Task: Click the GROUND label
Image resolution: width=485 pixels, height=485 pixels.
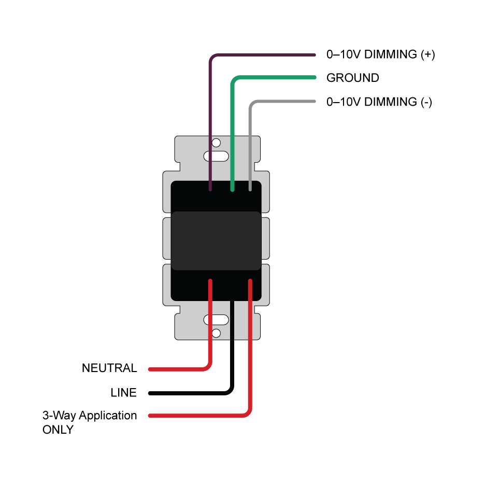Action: (352, 78)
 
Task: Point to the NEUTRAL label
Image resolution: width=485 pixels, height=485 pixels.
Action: (109, 368)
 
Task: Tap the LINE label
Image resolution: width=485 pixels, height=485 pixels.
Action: (123, 393)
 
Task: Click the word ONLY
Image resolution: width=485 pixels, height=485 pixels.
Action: (58, 430)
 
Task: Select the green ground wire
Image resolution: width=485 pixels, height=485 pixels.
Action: (233, 130)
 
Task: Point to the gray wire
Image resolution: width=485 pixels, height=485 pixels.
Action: (250, 140)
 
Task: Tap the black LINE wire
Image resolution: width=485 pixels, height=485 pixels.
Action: (232, 352)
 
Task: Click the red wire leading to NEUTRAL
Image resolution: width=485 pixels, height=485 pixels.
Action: (210, 332)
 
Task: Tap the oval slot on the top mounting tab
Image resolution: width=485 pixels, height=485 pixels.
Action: (216, 155)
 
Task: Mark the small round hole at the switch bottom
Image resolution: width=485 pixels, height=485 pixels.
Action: (216, 333)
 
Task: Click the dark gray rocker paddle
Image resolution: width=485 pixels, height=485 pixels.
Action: (216, 241)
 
